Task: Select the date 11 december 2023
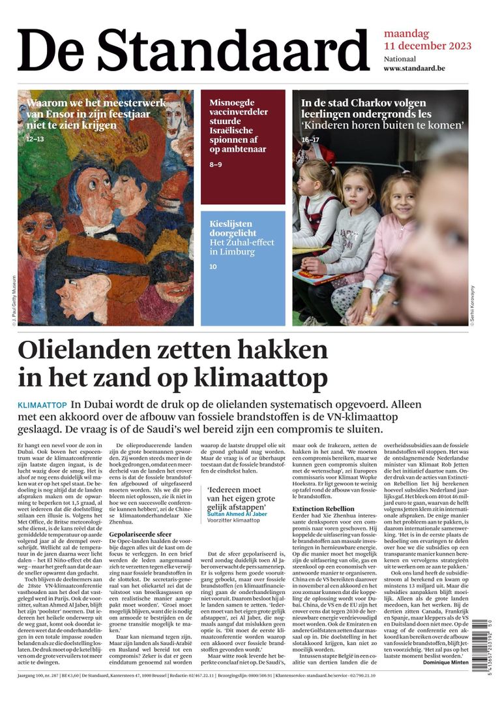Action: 427,46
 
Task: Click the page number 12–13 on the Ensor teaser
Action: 35,139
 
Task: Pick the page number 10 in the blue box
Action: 213,266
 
